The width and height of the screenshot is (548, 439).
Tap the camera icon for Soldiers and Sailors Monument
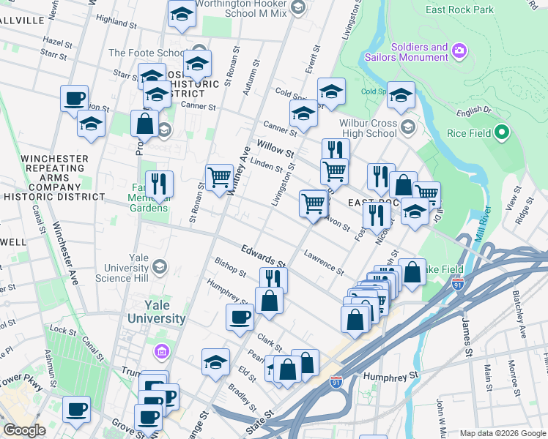point(459,50)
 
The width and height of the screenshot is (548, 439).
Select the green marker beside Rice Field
point(501,133)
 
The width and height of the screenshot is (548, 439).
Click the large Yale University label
point(156,312)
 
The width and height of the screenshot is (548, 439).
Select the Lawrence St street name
point(324,263)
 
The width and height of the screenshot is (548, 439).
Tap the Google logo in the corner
point(24,430)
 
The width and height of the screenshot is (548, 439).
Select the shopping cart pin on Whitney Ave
point(220,178)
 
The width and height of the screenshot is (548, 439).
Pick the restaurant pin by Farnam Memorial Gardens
point(158,184)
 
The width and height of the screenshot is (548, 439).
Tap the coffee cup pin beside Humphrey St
point(240,318)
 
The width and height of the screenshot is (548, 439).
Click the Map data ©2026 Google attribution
point(503,433)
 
